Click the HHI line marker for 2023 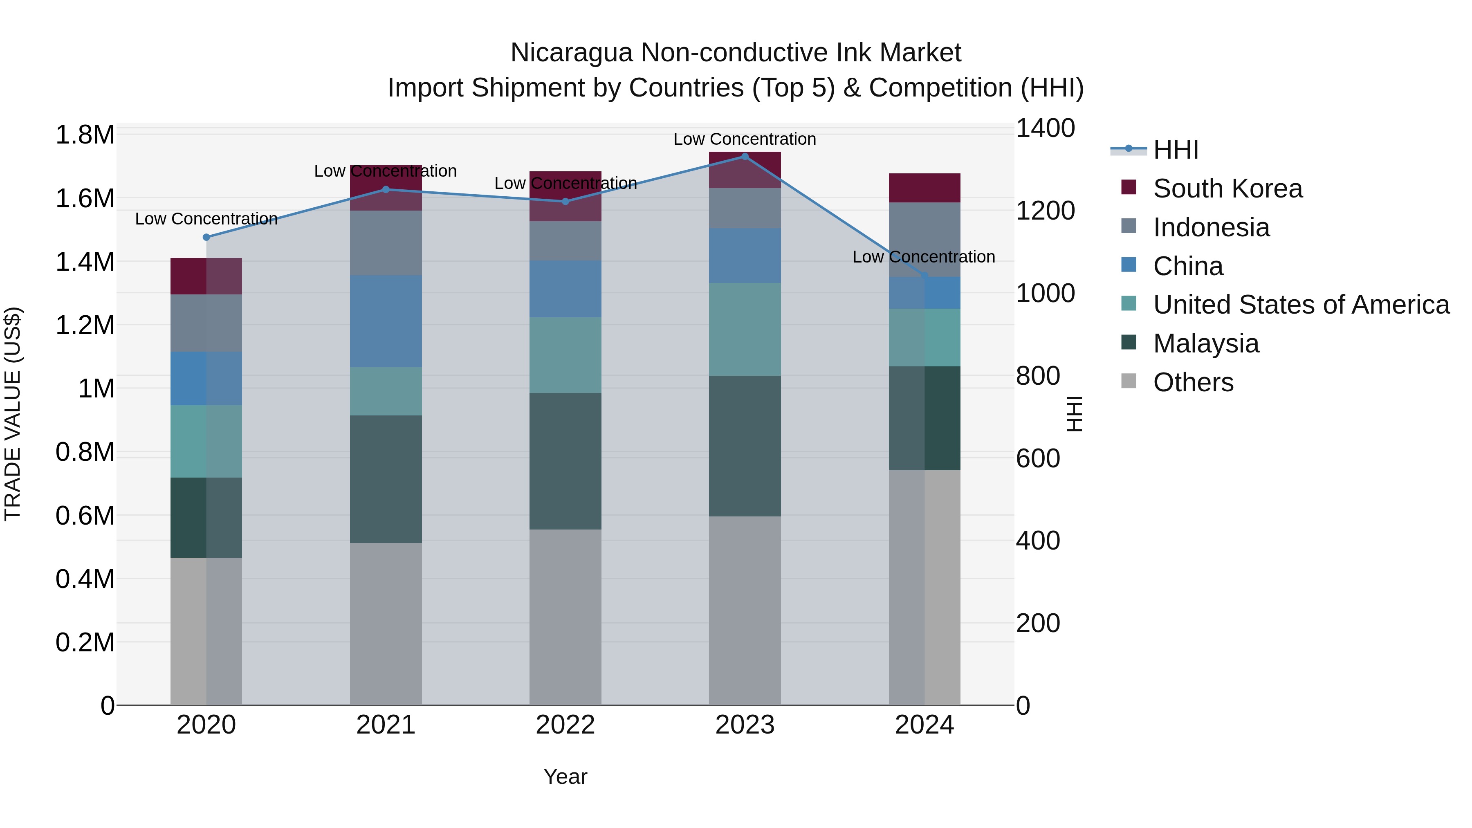click(745, 157)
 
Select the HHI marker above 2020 click(206, 237)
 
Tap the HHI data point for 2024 click(924, 276)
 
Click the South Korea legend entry click(1227, 188)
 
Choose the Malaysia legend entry click(1206, 343)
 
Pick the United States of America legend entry click(1301, 305)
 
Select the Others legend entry click(1193, 382)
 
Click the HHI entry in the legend click(1176, 150)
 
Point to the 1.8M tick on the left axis click(85, 135)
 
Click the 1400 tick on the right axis click(1045, 128)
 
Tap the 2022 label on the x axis click(565, 725)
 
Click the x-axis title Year click(565, 776)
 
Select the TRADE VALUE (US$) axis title click(13, 414)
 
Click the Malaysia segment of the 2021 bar click(386, 479)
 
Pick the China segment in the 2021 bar click(386, 321)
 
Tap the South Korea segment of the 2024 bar click(924, 188)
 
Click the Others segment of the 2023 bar click(745, 610)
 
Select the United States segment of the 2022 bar click(565, 355)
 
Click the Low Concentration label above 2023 click(745, 139)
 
